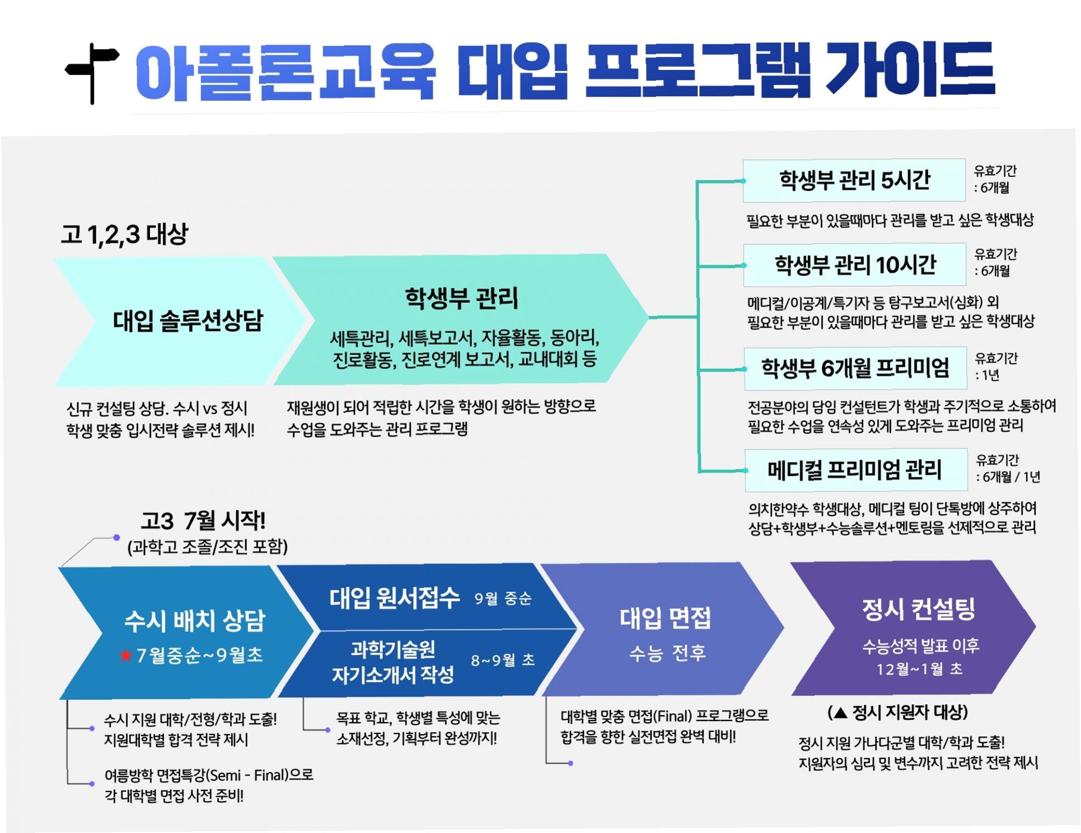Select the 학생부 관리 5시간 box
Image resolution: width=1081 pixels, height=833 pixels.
(x=854, y=180)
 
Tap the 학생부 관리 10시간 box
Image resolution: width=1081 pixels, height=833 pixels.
(x=854, y=265)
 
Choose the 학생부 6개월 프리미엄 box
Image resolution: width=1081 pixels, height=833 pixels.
(x=855, y=368)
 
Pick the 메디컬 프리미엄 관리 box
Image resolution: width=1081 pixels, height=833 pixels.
(x=855, y=470)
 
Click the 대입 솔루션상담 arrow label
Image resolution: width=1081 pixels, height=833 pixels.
(x=188, y=321)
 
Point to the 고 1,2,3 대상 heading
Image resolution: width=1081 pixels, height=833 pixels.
(x=124, y=234)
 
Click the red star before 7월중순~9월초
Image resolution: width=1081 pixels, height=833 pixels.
(x=125, y=655)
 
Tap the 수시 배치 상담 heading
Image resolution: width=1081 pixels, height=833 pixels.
(x=194, y=621)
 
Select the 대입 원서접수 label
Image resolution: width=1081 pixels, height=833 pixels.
(x=394, y=598)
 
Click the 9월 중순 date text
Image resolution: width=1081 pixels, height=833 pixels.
(x=502, y=599)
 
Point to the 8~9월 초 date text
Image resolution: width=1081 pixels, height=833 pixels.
(x=502, y=661)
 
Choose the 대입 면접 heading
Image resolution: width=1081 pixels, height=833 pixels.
(x=665, y=619)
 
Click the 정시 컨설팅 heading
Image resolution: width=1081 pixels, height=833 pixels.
(x=918, y=609)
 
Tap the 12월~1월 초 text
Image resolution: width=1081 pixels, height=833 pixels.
(x=919, y=670)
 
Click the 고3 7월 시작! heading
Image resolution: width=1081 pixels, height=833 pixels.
(x=203, y=521)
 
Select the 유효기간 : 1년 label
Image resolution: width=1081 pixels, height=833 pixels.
(x=996, y=367)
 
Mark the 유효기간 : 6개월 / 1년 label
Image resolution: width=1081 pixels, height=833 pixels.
(x=1007, y=469)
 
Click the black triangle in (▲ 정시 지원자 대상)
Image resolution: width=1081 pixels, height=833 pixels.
(x=840, y=713)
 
